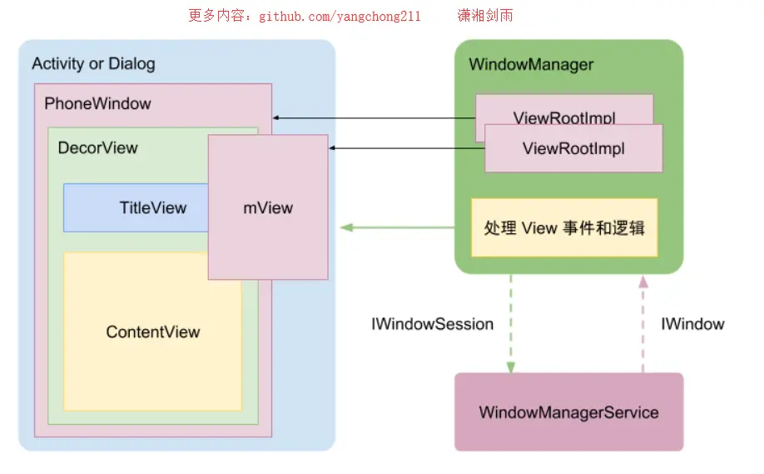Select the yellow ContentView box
point(153,332)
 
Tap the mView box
point(268,207)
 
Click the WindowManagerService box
point(568,412)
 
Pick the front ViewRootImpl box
point(573,149)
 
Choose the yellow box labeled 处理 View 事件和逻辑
point(564,227)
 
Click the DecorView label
point(97,148)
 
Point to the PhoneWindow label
point(97,104)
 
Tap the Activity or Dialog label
point(93,64)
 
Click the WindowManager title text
point(531,65)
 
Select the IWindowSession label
point(432,324)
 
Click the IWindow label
point(692,324)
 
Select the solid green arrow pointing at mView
point(396,227)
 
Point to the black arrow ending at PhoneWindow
point(374,118)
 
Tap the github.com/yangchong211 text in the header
point(340,17)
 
